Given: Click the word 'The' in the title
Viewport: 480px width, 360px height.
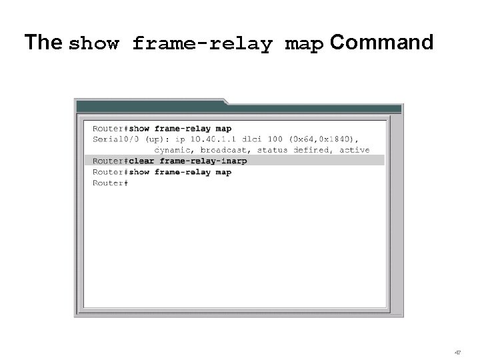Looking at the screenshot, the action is [x=44, y=43].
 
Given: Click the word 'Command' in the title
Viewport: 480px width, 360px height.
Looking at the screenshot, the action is [x=381, y=43].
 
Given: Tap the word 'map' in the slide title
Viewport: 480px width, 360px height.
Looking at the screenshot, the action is [x=304, y=45].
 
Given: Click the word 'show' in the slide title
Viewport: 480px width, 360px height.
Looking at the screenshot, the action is [x=95, y=45].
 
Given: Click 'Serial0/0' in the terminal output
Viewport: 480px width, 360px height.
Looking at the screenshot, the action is [x=117, y=139].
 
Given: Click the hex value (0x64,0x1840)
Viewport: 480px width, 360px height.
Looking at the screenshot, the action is [x=324, y=139].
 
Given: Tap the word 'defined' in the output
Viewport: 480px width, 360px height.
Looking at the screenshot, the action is [x=311, y=150].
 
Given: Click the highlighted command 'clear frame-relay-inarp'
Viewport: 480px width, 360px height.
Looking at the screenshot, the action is [x=188, y=161].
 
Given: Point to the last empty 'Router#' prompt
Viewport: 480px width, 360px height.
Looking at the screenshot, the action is [x=110, y=183].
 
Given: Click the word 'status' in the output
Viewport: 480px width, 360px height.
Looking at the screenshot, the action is [x=272, y=150].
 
